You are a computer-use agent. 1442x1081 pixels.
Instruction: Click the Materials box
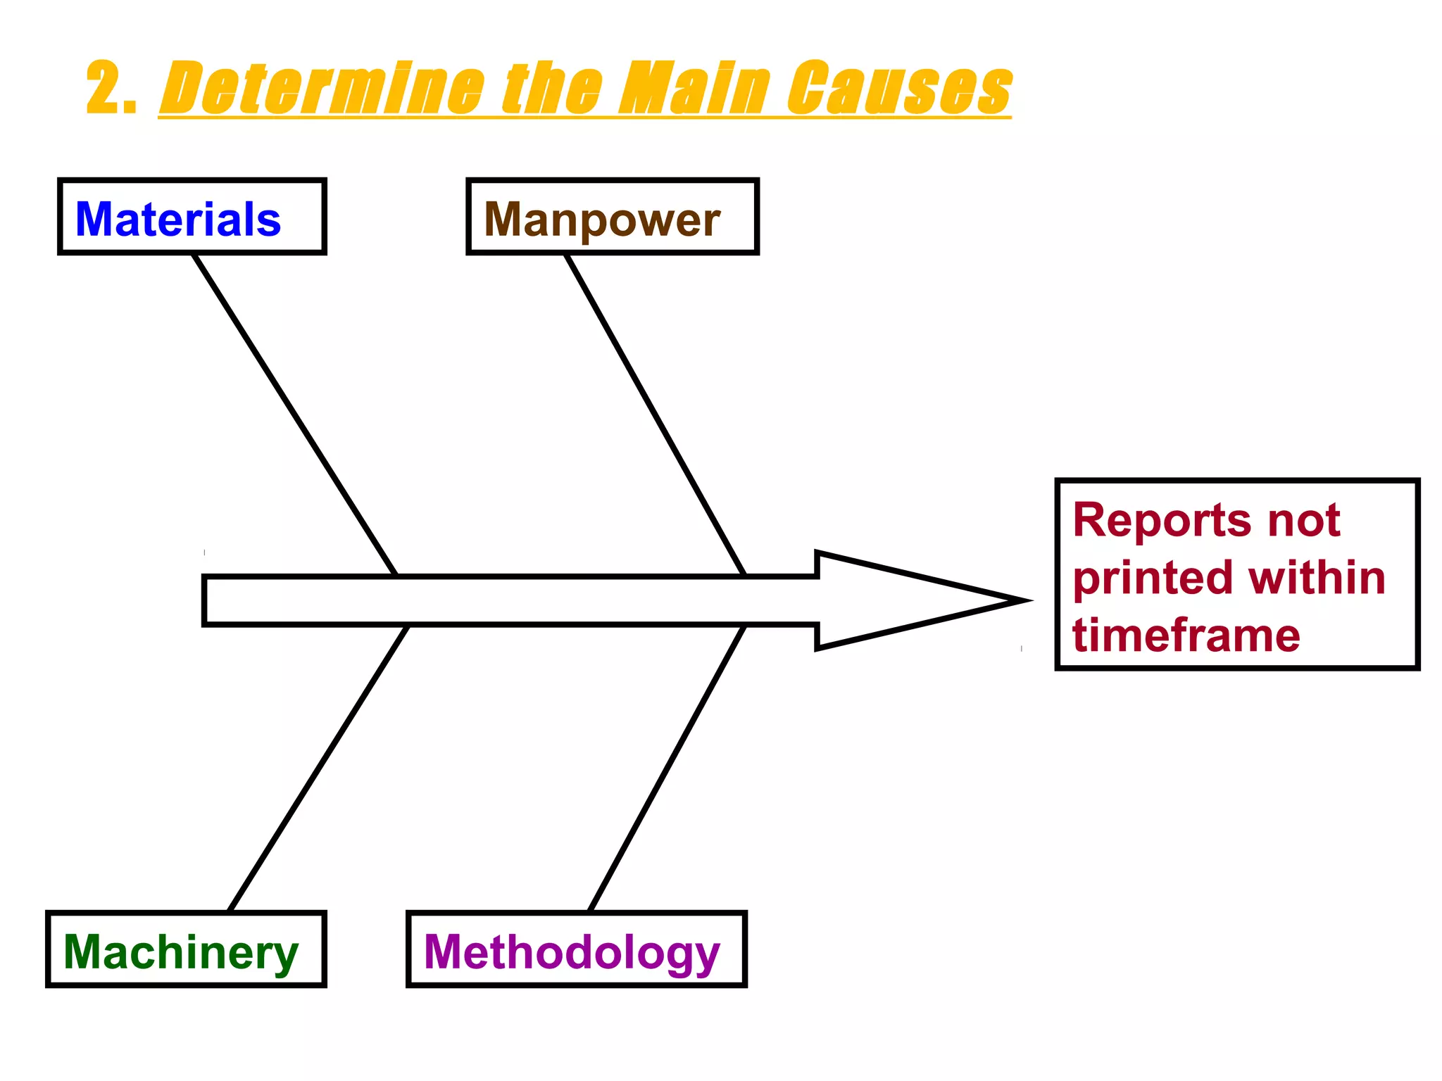click(x=192, y=217)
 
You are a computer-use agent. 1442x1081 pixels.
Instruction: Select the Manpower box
click(x=612, y=217)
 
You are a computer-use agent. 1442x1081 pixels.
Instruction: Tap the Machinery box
click(x=185, y=949)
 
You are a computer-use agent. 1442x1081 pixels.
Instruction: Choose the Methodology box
click(x=576, y=949)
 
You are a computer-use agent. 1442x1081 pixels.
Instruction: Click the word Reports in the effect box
click(x=1161, y=521)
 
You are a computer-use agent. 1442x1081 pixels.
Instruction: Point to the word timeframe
click(x=1186, y=636)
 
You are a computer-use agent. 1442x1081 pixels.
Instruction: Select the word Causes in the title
click(x=899, y=88)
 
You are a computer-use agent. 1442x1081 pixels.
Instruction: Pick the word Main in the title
click(x=694, y=88)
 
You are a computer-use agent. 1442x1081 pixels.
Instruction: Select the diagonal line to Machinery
click(x=318, y=769)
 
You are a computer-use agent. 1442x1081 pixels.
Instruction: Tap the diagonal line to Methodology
click(x=667, y=769)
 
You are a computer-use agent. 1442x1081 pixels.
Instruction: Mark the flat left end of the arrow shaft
click(x=206, y=600)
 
